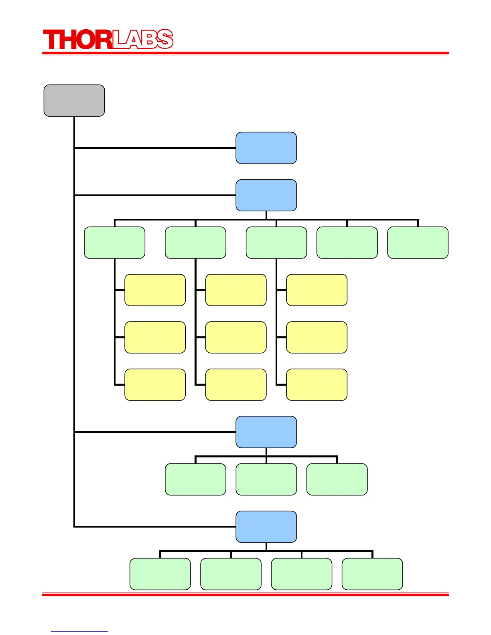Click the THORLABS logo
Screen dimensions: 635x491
pos(108,39)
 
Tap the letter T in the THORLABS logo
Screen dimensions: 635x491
pos(51,40)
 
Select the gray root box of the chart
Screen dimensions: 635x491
pos(74,101)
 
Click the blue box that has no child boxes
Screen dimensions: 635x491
pos(266,148)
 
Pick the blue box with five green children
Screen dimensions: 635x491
pos(266,195)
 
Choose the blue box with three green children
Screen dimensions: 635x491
pos(266,432)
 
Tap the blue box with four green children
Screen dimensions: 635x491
pos(266,527)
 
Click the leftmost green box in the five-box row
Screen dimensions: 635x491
pos(115,243)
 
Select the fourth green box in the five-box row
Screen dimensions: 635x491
pos(347,243)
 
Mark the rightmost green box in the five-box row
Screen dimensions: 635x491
pos(418,243)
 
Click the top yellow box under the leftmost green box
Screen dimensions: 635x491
pos(155,290)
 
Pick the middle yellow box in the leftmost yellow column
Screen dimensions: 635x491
pos(155,337)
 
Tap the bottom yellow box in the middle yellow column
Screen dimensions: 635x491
pos(236,384)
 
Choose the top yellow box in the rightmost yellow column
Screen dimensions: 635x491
pos(317,290)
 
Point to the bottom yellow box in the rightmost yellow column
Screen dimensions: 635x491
pos(317,384)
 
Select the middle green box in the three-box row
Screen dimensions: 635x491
pos(266,479)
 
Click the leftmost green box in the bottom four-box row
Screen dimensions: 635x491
pos(160,574)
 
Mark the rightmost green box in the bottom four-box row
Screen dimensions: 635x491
pos(372,574)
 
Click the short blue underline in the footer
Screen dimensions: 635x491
pos(79,631)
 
